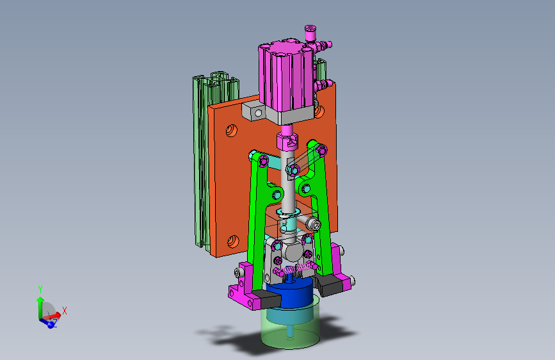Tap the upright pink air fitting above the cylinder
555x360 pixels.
point(310,33)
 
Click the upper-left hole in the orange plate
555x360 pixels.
point(232,131)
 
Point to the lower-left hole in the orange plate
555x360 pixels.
point(233,241)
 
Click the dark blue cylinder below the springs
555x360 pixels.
point(289,293)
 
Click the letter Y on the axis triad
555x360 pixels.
point(40,289)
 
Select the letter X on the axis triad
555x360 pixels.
point(65,311)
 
